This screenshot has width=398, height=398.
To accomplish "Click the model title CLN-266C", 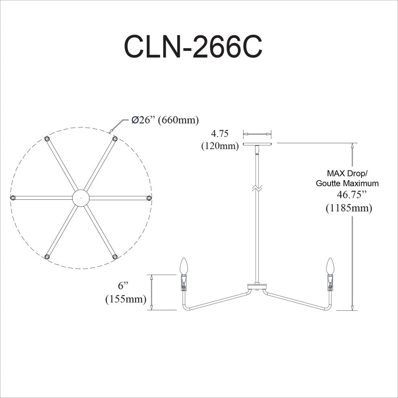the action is (193, 47).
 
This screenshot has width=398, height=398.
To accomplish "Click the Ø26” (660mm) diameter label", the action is (165, 120).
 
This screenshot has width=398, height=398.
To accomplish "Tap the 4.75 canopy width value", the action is (220, 133).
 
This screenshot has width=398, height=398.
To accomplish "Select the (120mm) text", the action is (220, 146).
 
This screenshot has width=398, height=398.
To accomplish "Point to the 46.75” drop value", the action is (352, 195).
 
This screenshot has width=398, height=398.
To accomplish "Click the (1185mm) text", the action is (349, 208).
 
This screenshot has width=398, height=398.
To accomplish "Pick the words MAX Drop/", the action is (347, 173).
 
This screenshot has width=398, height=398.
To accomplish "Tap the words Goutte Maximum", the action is (347, 183).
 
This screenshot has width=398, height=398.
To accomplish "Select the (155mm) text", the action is (126, 299).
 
